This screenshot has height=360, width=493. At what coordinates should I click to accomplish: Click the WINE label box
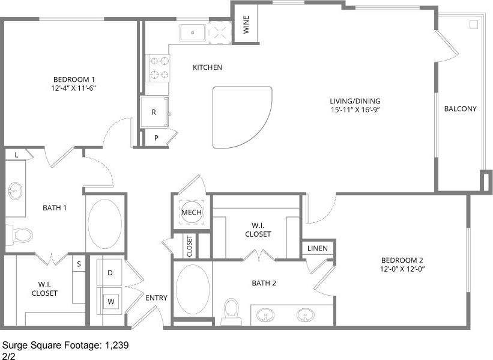click(246, 24)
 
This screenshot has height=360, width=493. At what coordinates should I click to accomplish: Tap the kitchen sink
click(193, 32)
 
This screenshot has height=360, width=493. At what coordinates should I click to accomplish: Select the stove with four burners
click(159, 67)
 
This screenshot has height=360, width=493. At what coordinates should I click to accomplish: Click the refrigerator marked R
click(154, 112)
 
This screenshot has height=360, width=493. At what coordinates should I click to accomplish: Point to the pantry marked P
click(156, 138)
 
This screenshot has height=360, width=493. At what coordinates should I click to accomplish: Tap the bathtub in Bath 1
click(105, 224)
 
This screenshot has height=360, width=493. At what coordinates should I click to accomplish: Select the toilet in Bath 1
click(19, 233)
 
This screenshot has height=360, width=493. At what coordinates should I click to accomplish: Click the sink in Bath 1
click(15, 191)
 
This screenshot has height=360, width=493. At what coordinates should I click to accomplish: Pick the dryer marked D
click(110, 273)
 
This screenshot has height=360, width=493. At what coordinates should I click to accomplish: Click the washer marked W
click(110, 300)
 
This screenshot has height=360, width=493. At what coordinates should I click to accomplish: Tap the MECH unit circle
click(192, 212)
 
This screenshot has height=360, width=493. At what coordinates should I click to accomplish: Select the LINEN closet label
click(318, 248)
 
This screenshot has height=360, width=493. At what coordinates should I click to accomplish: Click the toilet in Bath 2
click(231, 311)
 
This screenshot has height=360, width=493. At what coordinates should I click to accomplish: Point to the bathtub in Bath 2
click(193, 290)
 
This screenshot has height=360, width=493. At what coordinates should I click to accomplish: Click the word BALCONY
click(460, 109)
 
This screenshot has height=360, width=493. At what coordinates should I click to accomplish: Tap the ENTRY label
click(156, 298)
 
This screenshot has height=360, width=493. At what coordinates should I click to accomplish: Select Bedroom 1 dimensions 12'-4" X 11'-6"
click(75, 88)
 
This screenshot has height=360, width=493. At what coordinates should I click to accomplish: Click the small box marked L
click(16, 155)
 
